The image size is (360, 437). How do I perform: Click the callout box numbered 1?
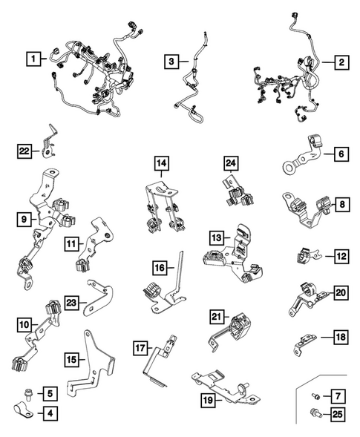33,59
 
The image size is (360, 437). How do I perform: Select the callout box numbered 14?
162,163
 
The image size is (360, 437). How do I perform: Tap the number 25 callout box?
338,414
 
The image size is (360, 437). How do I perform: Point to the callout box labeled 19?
208,401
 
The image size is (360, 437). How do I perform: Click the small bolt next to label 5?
27,394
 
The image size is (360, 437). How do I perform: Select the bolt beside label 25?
315,413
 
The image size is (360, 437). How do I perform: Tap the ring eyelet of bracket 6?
288,167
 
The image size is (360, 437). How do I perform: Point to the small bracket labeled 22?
49,142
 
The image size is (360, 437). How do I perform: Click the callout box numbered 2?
341,62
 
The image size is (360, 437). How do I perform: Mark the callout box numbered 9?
24,220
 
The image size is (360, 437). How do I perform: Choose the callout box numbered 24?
231,163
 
